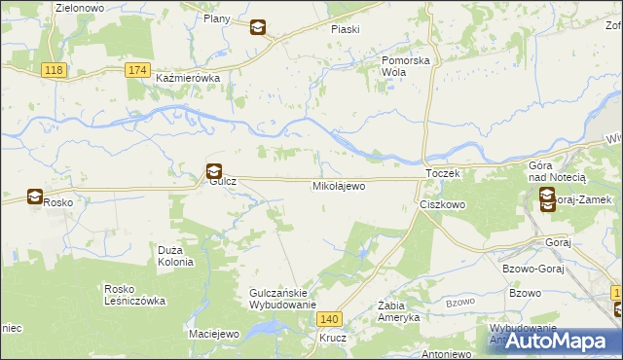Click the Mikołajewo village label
pos(339,185)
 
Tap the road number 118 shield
pos(55,70)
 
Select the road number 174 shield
pos(138,70)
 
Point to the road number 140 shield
pos(331,318)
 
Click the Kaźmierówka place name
pos(189,78)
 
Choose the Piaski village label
pos(346,29)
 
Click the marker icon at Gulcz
pos(214,171)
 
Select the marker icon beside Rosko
pos(35,198)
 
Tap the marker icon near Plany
pos(257,27)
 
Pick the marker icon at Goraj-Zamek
pos(547,199)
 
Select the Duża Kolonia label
pos(176,256)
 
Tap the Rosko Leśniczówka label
pos(135,294)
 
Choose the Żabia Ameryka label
pos(398,311)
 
